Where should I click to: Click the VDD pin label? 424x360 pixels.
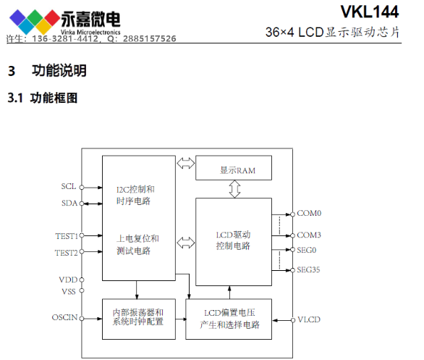coord(67,280)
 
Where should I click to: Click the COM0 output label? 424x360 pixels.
coord(309,214)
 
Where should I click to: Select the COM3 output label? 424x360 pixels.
coord(309,235)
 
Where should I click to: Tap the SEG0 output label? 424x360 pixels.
coord(308,250)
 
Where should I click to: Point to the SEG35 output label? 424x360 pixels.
coord(310,270)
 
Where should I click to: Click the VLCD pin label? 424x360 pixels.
coord(309,319)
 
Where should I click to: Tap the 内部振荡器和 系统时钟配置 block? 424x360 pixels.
coord(138,317)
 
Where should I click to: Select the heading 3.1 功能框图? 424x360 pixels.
coord(43,97)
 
